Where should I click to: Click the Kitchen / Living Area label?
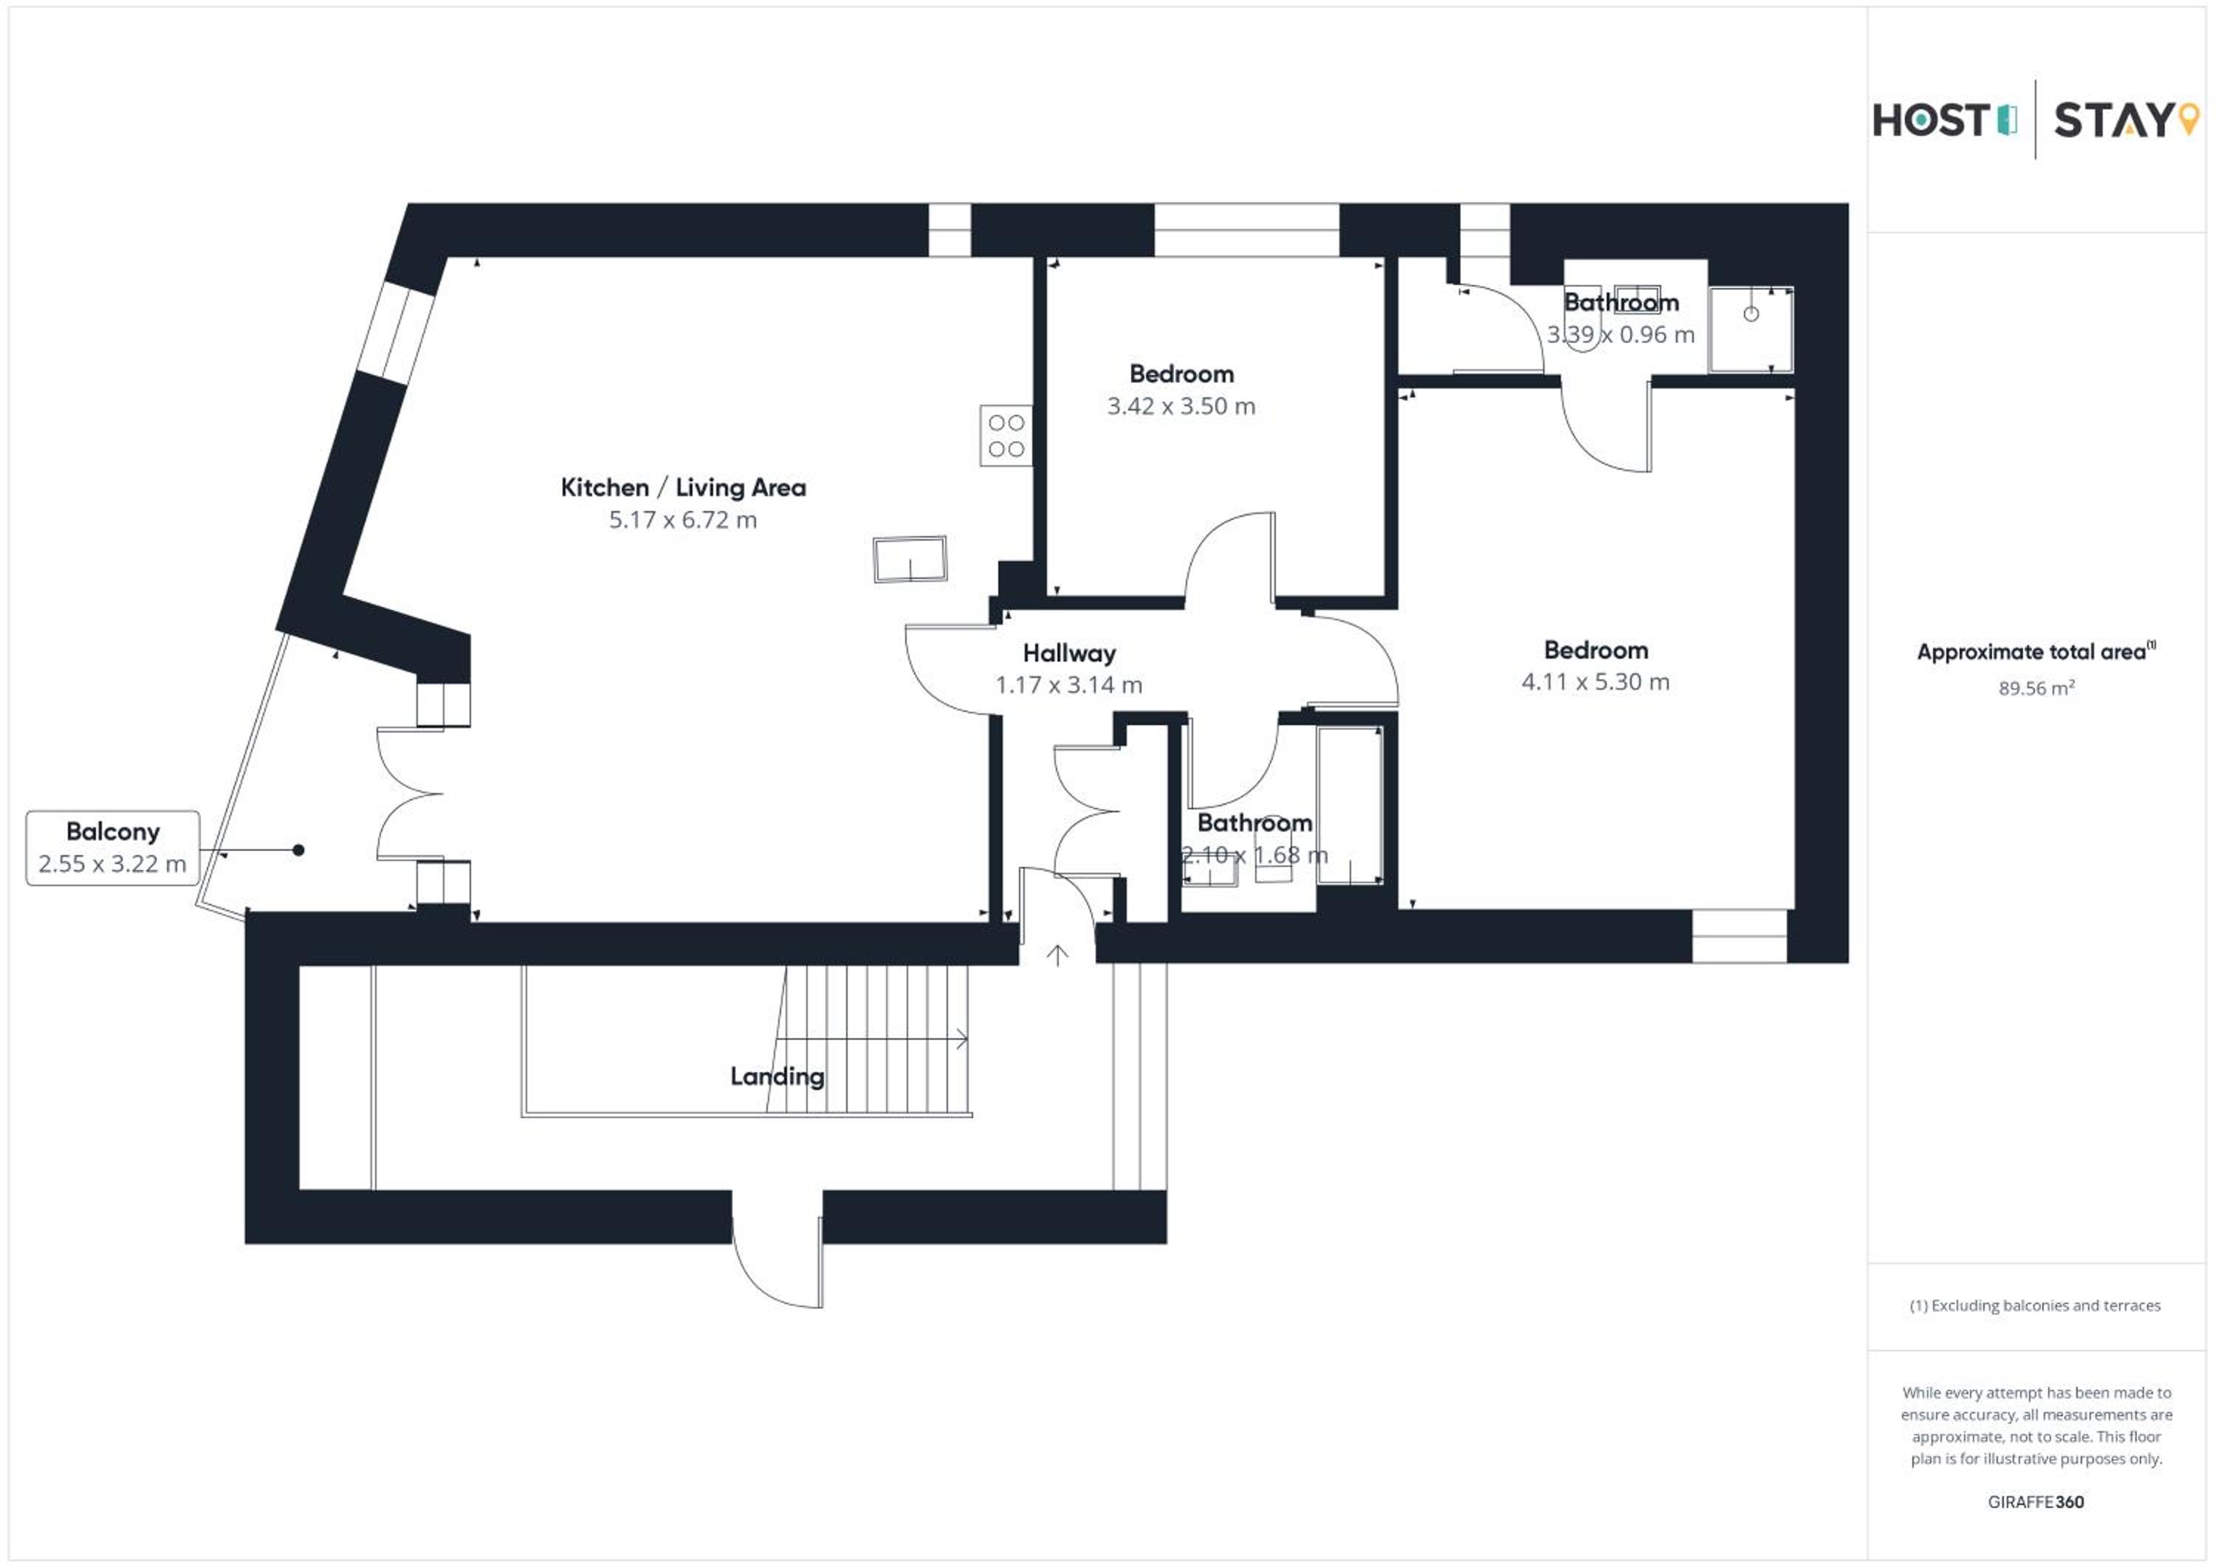pos(683,487)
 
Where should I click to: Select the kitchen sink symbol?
pos(910,559)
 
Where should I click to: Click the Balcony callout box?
pos(113,848)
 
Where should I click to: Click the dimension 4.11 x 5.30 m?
pos(1596,682)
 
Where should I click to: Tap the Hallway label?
pos(1069,654)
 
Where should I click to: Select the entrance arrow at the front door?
pos(1057,956)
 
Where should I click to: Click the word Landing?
pos(777,1077)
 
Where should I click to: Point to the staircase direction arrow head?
pos(962,1039)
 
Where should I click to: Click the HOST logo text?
pos(1931,120)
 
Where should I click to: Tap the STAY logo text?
pos(2114,120)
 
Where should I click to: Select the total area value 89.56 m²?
pos(2036,688)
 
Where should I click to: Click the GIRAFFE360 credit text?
pos(2036,1502)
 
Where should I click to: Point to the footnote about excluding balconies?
pos(2036,1306)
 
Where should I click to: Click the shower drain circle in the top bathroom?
pos(1751,314)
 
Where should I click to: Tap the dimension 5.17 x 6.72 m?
pos(683,520)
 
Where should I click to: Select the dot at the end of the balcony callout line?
pos(299,850)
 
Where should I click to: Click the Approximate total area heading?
pos(2036,651)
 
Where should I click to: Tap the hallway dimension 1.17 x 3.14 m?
pos(1069,685)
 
